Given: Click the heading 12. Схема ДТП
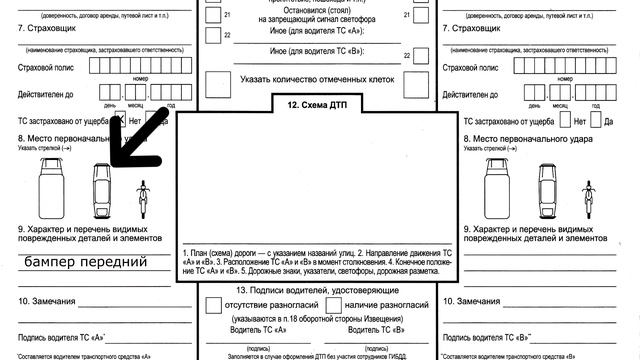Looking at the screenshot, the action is (x=318, y=104).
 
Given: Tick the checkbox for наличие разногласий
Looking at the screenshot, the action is (x=335, y=304).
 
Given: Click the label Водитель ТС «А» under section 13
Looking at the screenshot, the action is (x=257, y=329).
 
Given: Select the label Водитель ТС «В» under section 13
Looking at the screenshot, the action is (x=371, y=329).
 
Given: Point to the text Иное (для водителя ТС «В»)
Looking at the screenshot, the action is (x=315, y=51).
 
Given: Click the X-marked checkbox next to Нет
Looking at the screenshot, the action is (x=117, y=121).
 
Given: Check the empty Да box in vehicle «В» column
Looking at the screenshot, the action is (x=595, y=121).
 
